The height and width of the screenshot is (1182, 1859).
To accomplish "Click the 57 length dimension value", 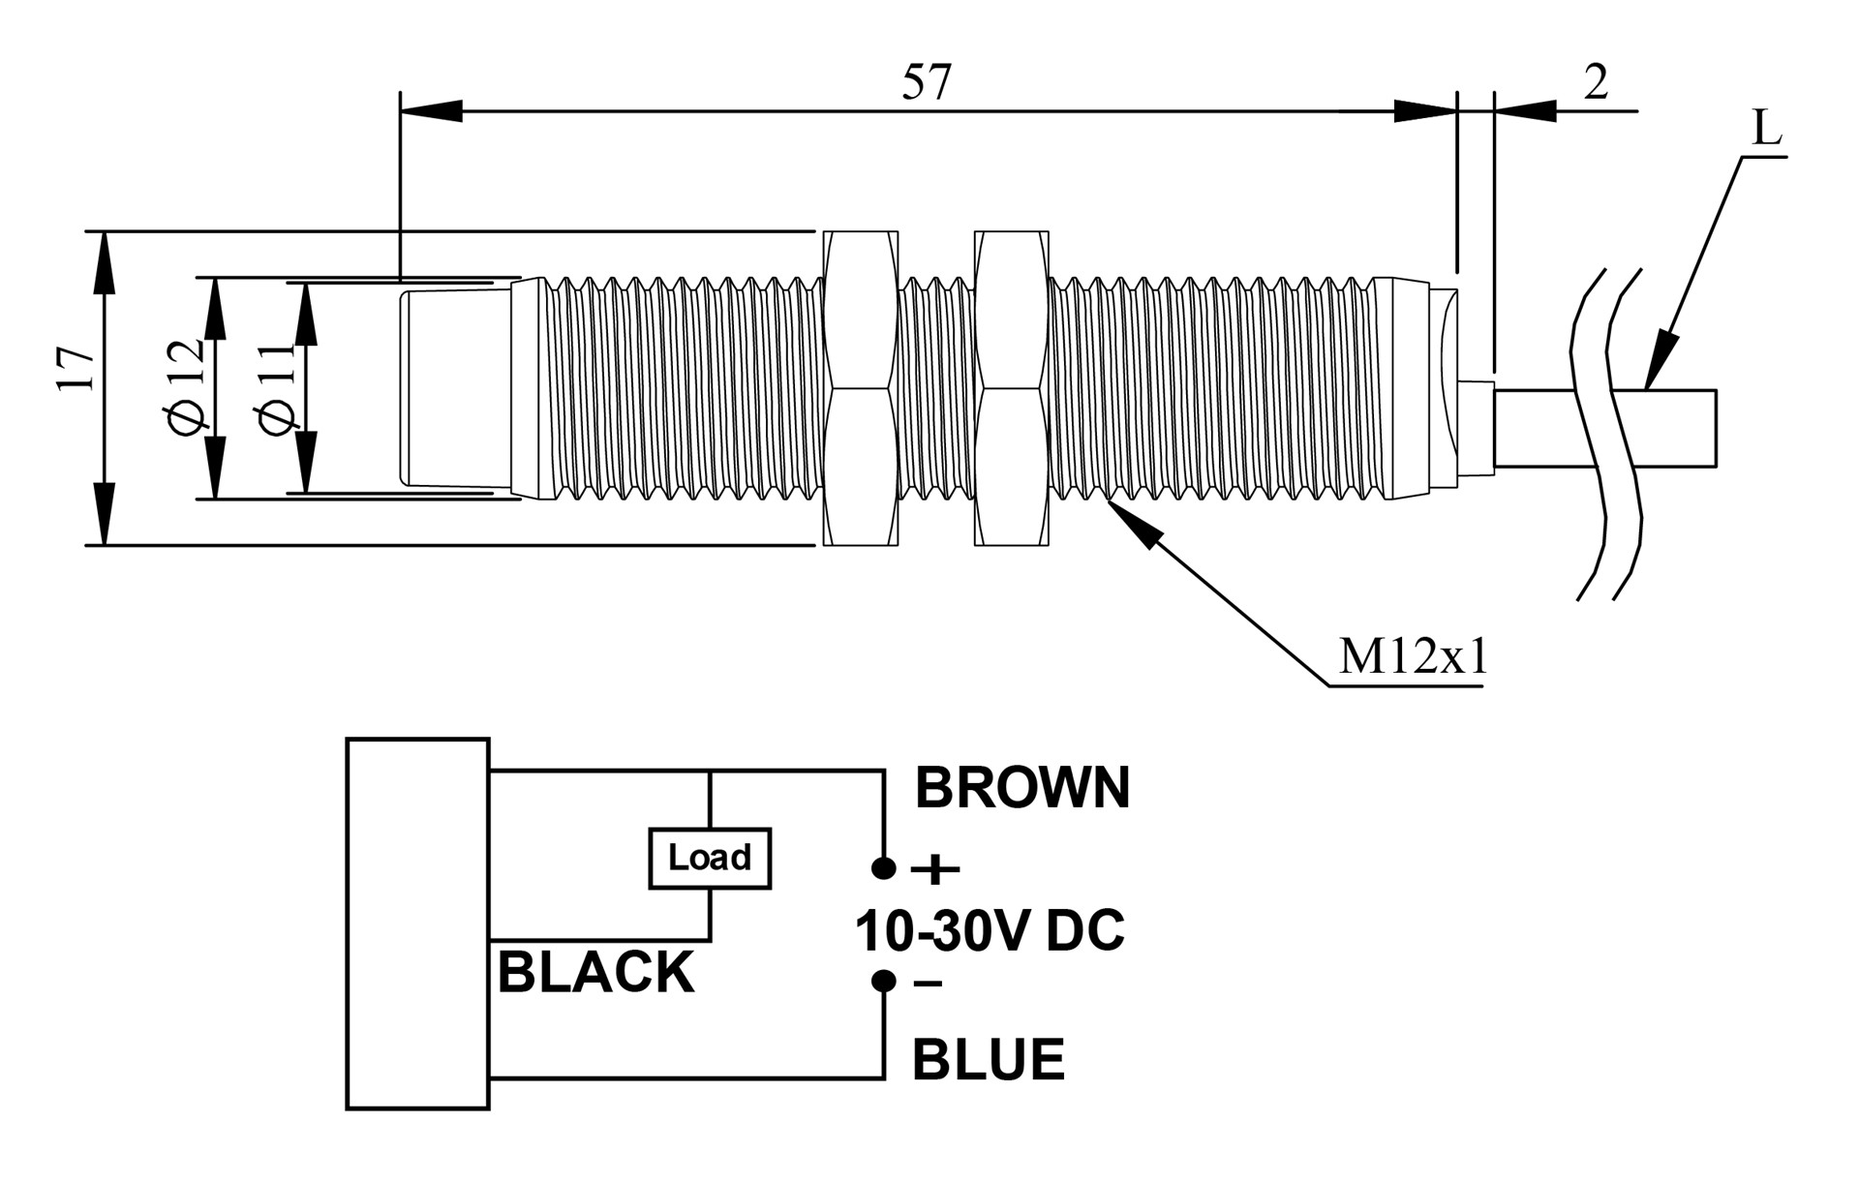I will (927, 82).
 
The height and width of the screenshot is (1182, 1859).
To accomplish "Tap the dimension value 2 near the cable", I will (1596, 82).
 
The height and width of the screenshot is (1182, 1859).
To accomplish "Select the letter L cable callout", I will (1767, 130).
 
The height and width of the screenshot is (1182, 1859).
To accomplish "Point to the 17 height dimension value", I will (76, 367).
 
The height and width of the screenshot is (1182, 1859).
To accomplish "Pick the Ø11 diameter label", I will (276, 388).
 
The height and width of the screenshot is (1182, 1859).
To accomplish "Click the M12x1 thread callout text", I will (1412, 657).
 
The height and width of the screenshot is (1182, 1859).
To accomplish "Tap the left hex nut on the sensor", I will (860, 388).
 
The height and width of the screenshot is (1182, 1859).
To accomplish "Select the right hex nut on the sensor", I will (1012, 388).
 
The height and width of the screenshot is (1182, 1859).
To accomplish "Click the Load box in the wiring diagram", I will (710, 858).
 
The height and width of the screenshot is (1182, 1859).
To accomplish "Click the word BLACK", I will (595, 972).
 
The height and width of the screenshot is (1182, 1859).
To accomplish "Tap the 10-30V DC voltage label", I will (990, 930).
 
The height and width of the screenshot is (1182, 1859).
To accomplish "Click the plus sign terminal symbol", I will (935, 869).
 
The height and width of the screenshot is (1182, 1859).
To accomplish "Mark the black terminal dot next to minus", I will (883, 981).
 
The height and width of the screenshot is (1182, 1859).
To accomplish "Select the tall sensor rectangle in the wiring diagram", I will (417, 924).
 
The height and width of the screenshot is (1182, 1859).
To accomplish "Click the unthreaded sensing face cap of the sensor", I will (455, 387).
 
